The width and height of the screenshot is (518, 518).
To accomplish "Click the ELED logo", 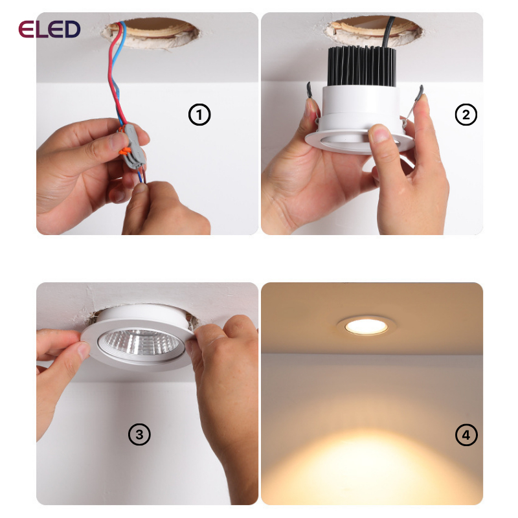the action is click(x=49, y=29).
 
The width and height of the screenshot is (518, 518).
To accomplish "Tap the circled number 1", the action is click(x=199, y=115).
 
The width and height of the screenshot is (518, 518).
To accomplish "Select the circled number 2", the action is click(x=466, y=115).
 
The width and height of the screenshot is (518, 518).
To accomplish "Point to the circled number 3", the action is click(x=139, y=434).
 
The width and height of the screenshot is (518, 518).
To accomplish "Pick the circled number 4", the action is click(x=466, y=434).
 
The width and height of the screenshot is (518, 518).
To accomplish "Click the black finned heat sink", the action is click(x=362, y=66).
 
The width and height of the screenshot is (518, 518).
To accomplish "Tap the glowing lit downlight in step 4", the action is click(x=366, y=326).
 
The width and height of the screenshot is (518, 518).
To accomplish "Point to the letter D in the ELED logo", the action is click(x=71, y=29).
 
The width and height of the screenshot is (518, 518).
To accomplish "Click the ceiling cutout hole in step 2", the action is click(x=374, y=32).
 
